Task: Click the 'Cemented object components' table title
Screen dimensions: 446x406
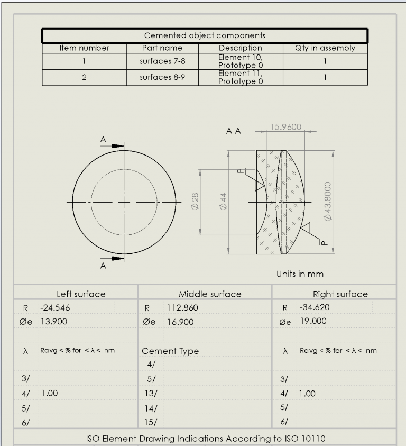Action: tap(205, 36)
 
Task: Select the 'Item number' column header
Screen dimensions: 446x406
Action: tap(84, 48)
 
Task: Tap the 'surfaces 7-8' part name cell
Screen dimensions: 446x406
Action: tap(162, 61)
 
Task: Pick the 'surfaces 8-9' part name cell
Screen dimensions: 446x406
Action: tap(162, 77)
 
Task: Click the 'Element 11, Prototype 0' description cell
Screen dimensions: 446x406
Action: tap(241, 77)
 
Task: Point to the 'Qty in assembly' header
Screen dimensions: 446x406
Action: tap(325, 48)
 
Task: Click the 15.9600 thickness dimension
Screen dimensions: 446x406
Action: tap(285, 127)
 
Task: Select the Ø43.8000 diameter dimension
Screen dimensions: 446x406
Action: tap(328, 202)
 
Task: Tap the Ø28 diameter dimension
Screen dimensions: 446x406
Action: tap(195, 202)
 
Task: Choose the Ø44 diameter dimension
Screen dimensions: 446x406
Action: tap(223, 202)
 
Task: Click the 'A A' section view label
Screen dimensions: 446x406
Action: tap(234, 131)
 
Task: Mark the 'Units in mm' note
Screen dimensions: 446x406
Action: tap(300, 274)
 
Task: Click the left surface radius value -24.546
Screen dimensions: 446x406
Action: tap(55, 307)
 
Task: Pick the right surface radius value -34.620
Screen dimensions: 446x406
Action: tap(314, 307)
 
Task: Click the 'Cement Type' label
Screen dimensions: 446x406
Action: tap(170, 351)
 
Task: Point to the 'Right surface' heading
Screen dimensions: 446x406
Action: tap(340, 294)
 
